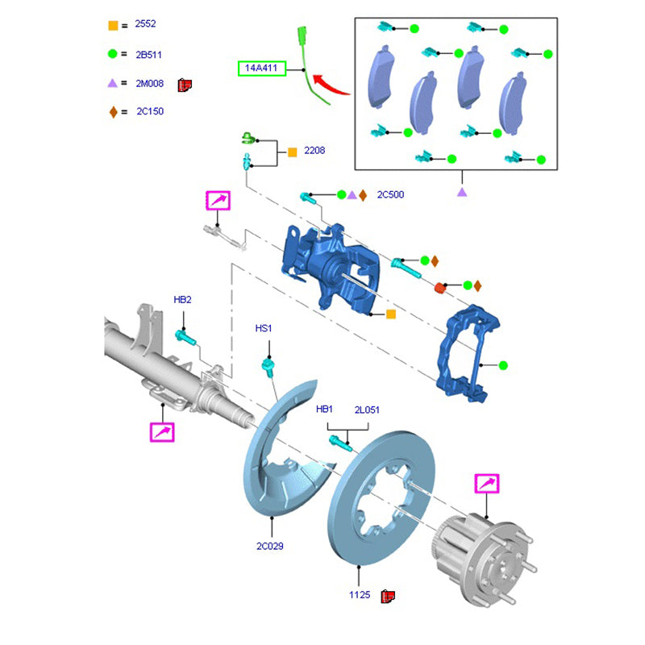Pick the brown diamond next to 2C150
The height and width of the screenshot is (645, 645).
pyautogui.click(x=113, y=111)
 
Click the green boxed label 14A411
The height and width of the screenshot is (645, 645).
pyautogui.click(x=261, y=69)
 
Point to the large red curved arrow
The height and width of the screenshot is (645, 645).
pyautogui.click(x=331, y=84)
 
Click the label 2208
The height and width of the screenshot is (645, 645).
pyautogui.click(x=314, y=151)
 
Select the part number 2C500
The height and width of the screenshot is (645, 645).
pyautogui.click(x=390, y=194)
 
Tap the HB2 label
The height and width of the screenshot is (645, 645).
pyautogui.click(x=182, y=300)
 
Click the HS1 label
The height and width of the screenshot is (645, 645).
pyautogui.click(x=264, y=328)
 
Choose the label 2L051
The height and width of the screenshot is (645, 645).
pyautogui.click(x=367, y=410)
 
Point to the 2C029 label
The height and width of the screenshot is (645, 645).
pyautogui.click(x=270, y=546)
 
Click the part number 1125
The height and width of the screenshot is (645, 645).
pyautogui.click(x=359, y=595)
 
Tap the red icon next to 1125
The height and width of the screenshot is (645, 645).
pyautogui.click(x=387, y=596)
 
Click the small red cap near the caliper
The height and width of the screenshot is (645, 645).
pyautogui.click(x=440, y=287)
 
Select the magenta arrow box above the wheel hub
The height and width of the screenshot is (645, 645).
pyautogui.click(x=487, y=484)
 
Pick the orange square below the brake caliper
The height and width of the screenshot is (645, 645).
pyautogui.click(x=391, y=314)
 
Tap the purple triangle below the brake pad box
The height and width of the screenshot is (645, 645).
pyautogui.click(x=462, y=193)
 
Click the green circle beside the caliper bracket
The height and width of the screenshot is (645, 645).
pyautogui.click(x=503, y=365)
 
